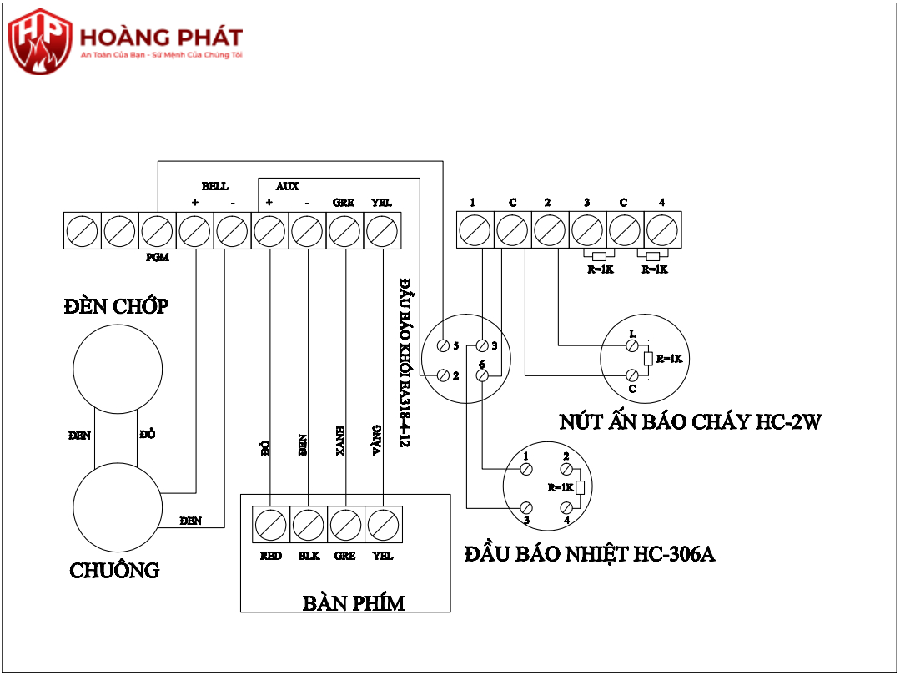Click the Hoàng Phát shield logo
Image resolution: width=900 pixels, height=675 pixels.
click(39, 41)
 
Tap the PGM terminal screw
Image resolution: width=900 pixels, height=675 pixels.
click(157, 231)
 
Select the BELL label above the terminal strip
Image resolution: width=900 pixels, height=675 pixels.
click(214, 186)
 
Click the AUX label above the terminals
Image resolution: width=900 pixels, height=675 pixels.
click(287, 186)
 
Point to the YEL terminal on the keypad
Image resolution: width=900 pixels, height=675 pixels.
click(383, 526)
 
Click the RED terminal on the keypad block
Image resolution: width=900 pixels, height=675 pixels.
click(271, 526)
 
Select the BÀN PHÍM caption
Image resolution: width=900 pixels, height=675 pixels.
click(353, 602)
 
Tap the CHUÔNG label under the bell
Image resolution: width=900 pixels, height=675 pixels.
click(114, 571)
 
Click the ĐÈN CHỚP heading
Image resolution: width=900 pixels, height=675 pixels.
click(116, 306)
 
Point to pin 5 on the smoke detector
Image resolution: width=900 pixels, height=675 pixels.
click(443, 345)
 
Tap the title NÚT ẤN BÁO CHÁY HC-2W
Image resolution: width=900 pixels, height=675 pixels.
click(690, 422)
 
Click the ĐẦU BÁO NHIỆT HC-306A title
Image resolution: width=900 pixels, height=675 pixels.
click(590, 554)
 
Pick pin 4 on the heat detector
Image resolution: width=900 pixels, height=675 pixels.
click(566, 507)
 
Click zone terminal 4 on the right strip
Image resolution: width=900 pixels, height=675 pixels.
click(662, 231)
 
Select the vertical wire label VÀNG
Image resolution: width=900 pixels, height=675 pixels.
click(377, 439)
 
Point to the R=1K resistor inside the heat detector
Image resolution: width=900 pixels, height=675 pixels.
click(581, 488)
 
